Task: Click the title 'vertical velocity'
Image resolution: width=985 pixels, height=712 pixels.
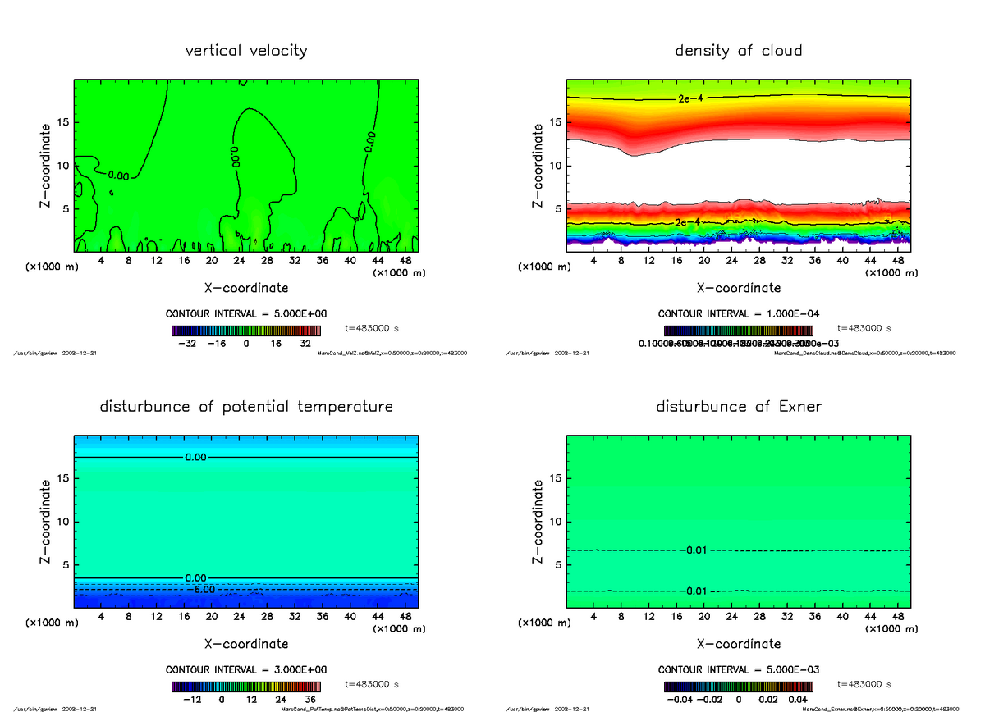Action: (246, 51)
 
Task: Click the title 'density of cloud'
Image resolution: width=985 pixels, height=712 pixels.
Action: (738, 51)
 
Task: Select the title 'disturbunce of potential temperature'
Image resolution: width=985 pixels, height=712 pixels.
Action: (246, 407)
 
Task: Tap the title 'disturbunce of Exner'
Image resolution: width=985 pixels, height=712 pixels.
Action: (738, 407)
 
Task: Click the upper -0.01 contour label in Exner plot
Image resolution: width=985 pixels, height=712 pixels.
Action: (694, 550)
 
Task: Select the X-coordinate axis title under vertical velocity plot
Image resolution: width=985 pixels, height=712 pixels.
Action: (246, 288)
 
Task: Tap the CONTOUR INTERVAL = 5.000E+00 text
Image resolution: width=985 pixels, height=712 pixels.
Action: (246, 314)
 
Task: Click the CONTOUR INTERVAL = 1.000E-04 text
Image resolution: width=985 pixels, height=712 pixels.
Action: (738, 314)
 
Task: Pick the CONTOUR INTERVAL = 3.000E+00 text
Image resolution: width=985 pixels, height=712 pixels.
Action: (246, 669)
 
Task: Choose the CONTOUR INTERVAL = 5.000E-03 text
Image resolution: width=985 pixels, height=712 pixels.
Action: (738, 669)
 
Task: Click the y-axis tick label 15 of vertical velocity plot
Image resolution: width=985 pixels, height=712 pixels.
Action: (63, 122)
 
